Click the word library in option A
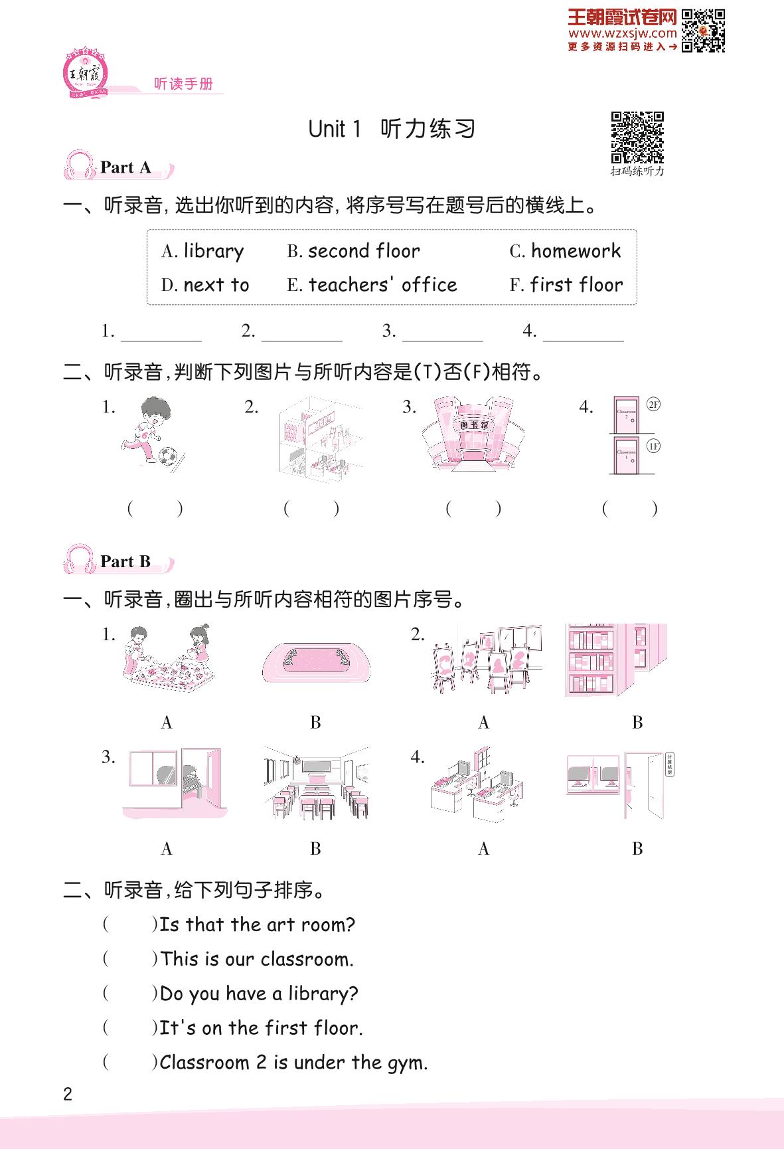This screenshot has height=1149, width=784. point(213,251)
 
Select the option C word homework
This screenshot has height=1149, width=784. point(576,251)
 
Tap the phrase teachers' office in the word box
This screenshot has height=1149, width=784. point(382,285)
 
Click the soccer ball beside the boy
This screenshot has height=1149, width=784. point(168,455)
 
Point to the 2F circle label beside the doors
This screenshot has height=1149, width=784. point(653,404)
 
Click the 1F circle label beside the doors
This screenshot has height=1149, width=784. point(653,446)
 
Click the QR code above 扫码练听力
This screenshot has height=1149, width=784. point(637,137)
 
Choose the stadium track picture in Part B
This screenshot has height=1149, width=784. point(315,662)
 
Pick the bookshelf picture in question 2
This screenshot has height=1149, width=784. point(615,660)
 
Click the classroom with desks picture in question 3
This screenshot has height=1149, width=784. point(316,784)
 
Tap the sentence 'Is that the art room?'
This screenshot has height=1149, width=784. point(257,925)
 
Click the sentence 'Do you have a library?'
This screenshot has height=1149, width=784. point(259,994)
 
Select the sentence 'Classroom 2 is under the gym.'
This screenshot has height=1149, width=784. point(293,1063)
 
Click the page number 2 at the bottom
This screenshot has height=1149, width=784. point(67,1095)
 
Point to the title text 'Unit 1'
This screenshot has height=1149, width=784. point(335,129)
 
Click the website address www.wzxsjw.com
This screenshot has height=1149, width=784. point(623,33)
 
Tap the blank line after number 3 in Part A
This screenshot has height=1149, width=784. point(442,333)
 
